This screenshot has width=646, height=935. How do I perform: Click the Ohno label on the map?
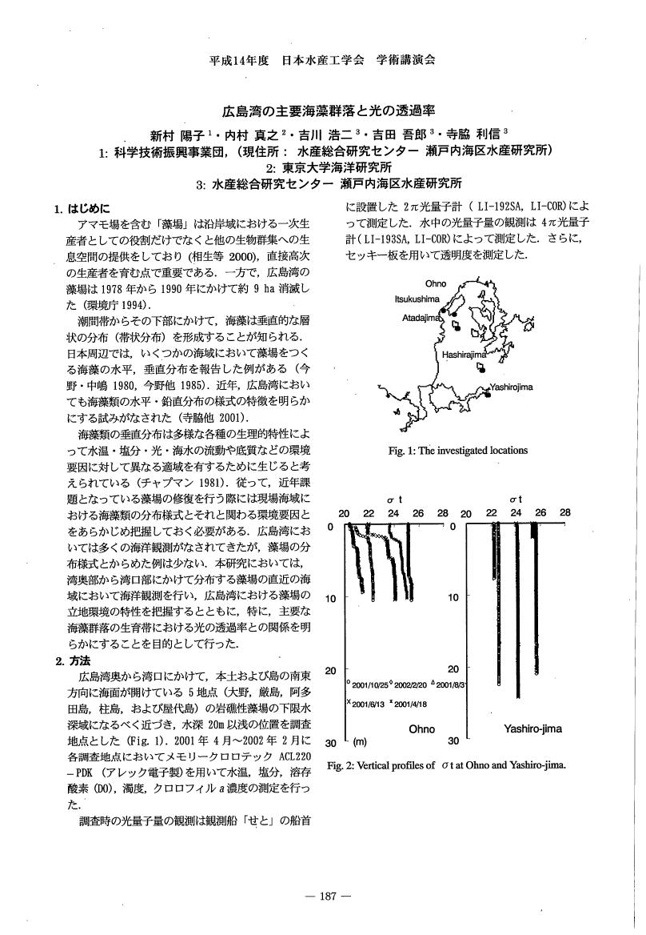point(436,283)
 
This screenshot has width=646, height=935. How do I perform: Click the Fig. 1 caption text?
point(457,450)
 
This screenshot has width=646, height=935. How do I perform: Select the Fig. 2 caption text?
point(447,764)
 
